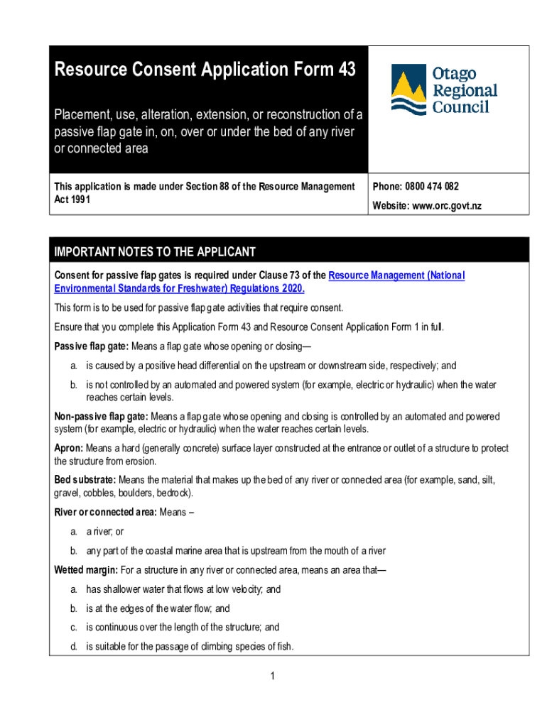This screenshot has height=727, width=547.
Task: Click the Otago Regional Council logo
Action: click(x=444, y=90)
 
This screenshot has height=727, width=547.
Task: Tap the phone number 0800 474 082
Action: click(x=432, y=187)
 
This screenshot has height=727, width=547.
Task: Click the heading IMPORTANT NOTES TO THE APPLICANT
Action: click(x=155, y=252)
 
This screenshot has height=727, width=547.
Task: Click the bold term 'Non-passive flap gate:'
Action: click(x=101, y=416)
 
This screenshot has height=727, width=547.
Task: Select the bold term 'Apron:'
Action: click(x=69, y=449)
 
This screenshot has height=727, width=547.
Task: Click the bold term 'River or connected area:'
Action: click(x=106, y=512)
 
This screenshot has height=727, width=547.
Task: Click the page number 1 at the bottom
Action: click(x=272, y=676)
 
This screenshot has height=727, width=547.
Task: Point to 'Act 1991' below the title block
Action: click(x=72, y=199)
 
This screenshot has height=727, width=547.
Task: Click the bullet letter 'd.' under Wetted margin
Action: click(x=73, y=647)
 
